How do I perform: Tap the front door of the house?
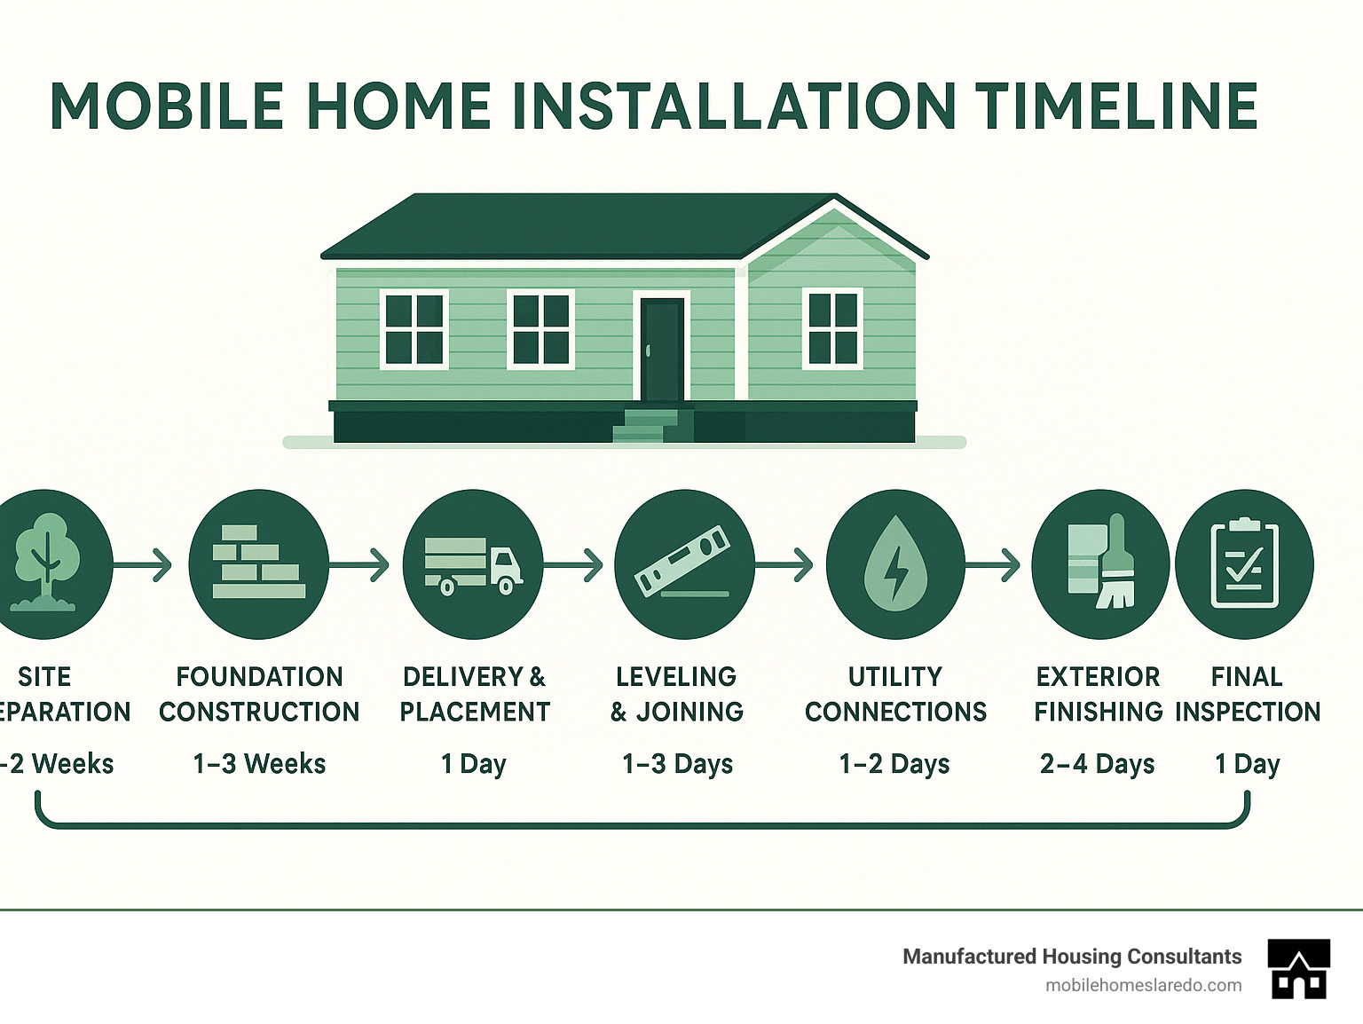pos(662,349)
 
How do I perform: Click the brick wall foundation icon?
pos(258,563)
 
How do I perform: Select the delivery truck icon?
pos(472,564)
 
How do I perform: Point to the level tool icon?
pos(683,563)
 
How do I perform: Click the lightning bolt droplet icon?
pos(894,564)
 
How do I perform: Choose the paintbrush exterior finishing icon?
pos(1100,564)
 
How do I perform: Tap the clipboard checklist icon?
pos(1244,564)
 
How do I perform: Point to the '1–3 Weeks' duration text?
pos(259,764)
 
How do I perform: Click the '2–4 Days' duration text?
pos(1097,764)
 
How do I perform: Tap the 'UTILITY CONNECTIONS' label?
pos(895,694)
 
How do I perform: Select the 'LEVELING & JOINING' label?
pos(677,694)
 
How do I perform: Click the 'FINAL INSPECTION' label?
pos(1247,694)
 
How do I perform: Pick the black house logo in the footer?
pos(1299,969)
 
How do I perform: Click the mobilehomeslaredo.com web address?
pos(1143,985)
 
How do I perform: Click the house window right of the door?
pos(832,328)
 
